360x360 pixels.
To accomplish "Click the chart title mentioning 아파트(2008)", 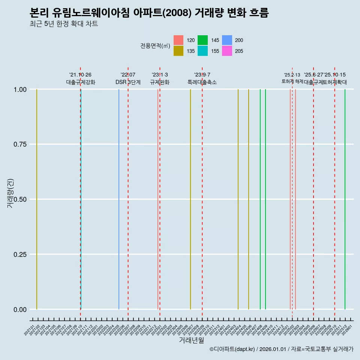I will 149,13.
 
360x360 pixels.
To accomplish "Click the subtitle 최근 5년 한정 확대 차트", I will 64,24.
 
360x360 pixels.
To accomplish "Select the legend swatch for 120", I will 178,40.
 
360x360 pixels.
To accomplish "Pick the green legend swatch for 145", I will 202,40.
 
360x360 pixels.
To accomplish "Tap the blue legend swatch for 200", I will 227,40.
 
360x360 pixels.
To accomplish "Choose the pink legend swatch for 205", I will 227,51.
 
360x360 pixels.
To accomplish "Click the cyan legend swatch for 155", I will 202,51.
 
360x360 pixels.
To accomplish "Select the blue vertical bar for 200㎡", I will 119,199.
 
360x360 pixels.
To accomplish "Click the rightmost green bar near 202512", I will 345,199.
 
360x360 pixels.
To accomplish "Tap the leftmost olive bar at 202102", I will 37,199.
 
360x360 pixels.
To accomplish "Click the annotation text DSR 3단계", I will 128,82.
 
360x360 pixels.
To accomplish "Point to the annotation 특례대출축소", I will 202,82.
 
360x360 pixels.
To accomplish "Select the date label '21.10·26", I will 80,75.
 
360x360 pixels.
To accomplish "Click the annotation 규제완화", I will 160,82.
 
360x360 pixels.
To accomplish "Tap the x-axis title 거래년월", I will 191,340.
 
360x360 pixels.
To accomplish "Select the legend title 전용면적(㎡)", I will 155,46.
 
